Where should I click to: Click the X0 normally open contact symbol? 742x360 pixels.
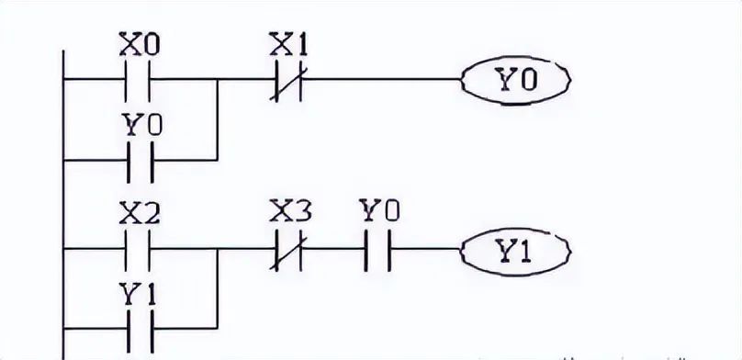(x=136, y=80)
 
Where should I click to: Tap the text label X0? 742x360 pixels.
(x=136, y=44)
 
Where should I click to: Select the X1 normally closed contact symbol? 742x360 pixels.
(x=287, y=80)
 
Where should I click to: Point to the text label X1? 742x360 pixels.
(x=287, y=44)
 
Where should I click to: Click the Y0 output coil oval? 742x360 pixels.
(x=515, y=80)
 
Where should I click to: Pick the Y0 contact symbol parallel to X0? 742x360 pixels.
(x=136, y=158)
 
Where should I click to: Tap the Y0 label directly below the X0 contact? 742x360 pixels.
(x=136, y=123)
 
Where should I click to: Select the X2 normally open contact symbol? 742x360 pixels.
(x=136, y=248)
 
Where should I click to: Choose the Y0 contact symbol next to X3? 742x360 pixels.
(x=378, y=248)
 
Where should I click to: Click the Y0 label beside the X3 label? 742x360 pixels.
(x=378, y=213)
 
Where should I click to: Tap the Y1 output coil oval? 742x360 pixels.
(x=515, y=248)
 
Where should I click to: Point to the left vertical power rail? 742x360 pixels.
(x=62, y=202)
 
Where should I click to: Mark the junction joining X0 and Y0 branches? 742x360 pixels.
(x=217, y=80)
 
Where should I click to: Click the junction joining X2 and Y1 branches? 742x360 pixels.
(x=217, y=248)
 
